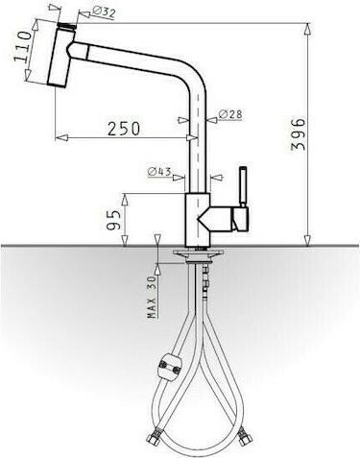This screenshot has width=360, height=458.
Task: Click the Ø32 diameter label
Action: tap(104, 12)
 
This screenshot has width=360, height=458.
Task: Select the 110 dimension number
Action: tap(23, 46)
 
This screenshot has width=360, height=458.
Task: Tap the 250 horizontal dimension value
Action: tap(124, 128)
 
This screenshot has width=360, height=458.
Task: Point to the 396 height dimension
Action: tap(299, 134)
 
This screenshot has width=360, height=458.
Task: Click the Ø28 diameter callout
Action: tap(230, 114)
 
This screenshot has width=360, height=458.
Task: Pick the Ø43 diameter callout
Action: tap(159, 172)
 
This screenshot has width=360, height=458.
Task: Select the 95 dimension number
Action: tap(114, 220)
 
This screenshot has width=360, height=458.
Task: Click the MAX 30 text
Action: tap(153, 297)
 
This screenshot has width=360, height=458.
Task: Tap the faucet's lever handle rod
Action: tap(243, 186)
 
